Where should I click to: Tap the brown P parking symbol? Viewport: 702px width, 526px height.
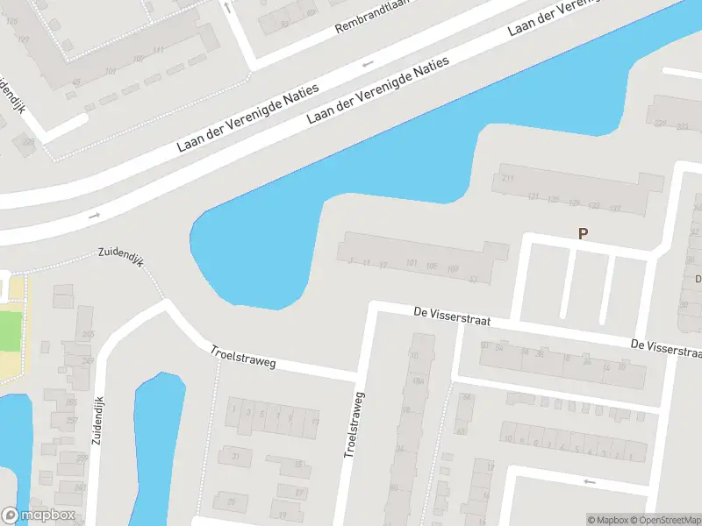point(581,233)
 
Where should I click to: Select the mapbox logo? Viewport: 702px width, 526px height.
point(38,515)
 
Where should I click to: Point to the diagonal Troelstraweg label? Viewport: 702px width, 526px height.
point(242,357)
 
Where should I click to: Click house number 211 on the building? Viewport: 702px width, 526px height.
point(507,179)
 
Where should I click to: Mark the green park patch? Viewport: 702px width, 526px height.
point(8,331)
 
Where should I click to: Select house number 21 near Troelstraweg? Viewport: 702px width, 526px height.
point(235,457)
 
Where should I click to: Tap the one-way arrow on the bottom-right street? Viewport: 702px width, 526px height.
point(590,481)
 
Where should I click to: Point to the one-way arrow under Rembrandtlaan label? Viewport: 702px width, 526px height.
point(367,63)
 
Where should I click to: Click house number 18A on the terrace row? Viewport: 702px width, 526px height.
point(419,381)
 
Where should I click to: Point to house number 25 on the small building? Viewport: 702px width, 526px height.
point(231,501)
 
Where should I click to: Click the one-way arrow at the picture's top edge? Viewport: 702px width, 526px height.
point(226,7)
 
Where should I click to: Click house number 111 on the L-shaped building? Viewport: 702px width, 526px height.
point(158,51)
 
